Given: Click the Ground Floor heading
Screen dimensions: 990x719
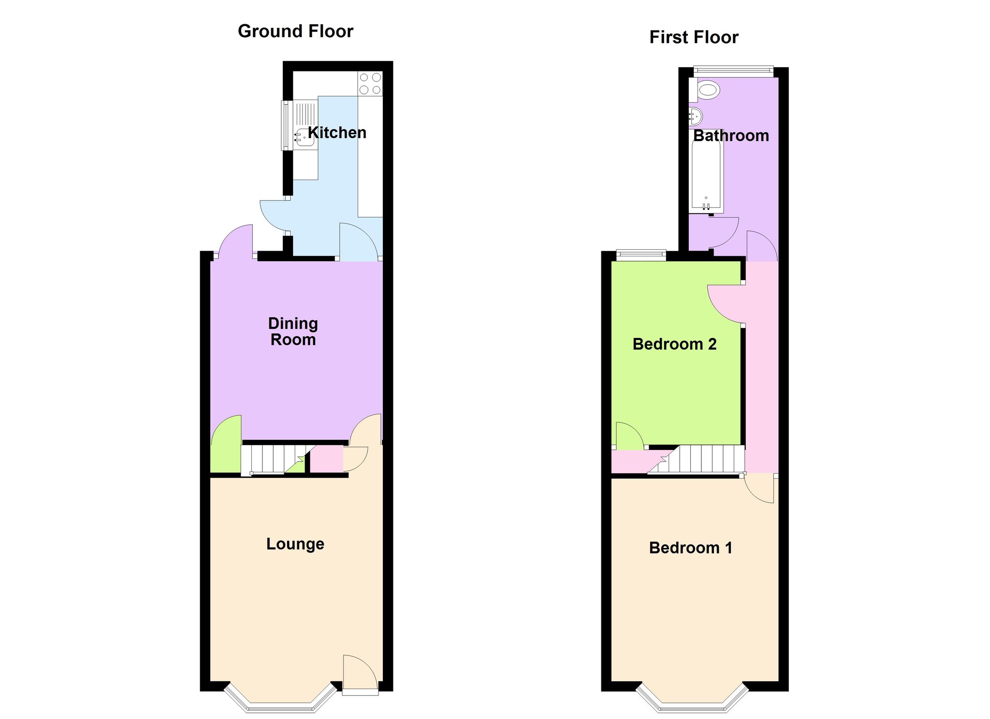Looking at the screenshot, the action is (295, 31).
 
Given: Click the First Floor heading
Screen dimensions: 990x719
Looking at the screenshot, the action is (694, 37).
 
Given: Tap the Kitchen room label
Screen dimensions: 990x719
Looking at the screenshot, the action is (337, 132).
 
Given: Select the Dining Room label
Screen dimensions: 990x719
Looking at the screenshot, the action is (293, 331).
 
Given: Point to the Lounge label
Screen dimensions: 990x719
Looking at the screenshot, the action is (295, 544).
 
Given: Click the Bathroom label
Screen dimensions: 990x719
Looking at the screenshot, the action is (731, 136).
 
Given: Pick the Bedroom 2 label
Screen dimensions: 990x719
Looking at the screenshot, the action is (674, 344).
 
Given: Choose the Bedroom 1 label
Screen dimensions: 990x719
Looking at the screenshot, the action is (690, 548).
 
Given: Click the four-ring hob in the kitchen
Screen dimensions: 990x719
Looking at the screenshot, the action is (370, 84).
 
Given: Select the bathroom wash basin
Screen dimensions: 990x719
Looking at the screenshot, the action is (696, 116).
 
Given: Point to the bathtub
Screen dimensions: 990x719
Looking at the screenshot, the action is (706, 171).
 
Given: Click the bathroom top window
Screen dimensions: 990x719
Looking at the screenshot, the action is (733, 71).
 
